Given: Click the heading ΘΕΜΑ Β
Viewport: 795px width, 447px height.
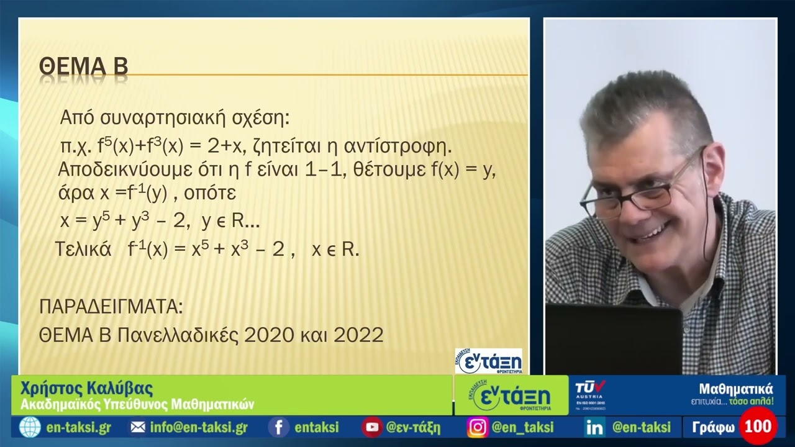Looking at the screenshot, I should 83,66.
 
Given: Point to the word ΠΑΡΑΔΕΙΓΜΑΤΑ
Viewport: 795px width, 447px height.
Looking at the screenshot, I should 111,307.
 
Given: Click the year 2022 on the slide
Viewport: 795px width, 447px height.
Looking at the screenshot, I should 358,335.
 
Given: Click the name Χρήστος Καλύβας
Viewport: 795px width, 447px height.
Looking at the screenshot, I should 86,389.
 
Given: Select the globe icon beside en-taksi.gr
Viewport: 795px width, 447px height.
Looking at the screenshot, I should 30,427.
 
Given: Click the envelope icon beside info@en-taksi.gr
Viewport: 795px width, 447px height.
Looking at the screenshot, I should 138,427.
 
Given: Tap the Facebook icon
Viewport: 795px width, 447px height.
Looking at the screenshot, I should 279,427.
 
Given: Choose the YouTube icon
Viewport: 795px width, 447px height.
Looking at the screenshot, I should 372,427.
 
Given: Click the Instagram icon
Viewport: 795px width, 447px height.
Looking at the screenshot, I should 477,427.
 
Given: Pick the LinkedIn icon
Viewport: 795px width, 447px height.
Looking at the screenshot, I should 594,427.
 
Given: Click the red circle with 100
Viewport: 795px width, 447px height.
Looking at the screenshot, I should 758,427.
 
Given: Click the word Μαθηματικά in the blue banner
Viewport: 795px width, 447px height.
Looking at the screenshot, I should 736,389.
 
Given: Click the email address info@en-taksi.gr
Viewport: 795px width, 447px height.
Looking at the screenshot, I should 199,427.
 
